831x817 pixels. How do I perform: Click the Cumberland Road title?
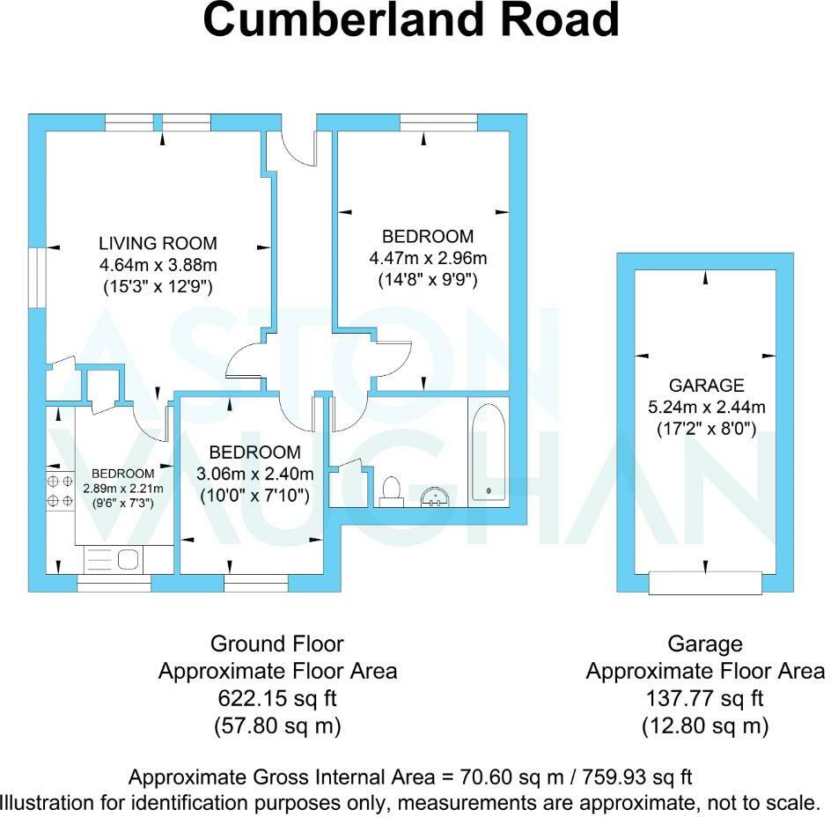pos(411,21)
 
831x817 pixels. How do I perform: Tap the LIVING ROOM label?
pos(158,244)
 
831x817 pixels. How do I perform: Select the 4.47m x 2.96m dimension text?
pos(428,258)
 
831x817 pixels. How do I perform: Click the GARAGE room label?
pos(706,385)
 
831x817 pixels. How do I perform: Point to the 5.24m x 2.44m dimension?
pos(706,407)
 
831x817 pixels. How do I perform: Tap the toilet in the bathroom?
pos(392,489)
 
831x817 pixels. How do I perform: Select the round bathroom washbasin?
pos(436,497)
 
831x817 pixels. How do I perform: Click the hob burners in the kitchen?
pos(60,491)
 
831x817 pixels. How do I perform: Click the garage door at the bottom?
pos(704,582)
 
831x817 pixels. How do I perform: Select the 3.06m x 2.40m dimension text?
pos(254,475)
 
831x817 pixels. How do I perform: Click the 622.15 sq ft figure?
pos(277,699)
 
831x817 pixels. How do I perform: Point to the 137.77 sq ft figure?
pos(705,699)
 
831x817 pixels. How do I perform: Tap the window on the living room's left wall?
pos(36,277)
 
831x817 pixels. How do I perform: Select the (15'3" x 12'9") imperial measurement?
pos(158,286)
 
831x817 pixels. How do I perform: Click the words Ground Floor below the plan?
pos(277,644)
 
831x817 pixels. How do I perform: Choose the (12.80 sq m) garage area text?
pos(705,727)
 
